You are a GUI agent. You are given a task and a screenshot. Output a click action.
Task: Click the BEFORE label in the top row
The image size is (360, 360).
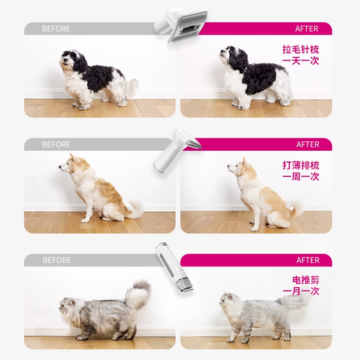pyautogui.click(x=56, y=29)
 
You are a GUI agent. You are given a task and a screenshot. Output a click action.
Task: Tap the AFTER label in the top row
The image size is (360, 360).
pyautogui.click(x=307, y=29)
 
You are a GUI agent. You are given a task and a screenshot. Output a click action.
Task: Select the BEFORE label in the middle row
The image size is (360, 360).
pyautogui.click(x=56, y=145)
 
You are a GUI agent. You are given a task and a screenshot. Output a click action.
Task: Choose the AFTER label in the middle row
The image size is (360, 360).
pyautogui.click(x=307, y=145)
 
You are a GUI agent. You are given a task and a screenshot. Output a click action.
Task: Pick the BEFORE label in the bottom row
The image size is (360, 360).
pyautogui.click(x=56, y=260)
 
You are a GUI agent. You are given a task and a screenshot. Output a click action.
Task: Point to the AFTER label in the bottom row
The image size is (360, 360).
pyautogui.click(x=307, y=260)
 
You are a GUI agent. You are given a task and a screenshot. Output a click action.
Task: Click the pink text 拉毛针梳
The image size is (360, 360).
pyautogui.click(x=300, y=51)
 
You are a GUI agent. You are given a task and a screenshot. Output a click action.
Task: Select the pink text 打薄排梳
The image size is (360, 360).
pyautogui.click(x=300, y=165)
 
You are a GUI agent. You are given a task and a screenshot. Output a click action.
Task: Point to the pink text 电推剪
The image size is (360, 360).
pyautogui.click(x=305, y=280)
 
